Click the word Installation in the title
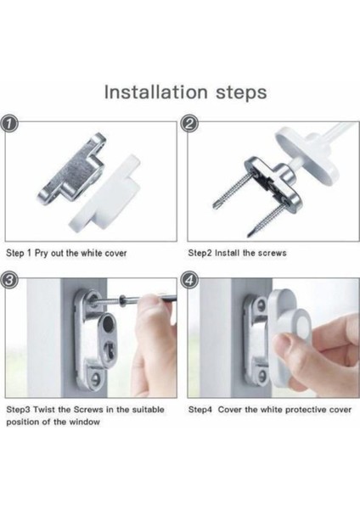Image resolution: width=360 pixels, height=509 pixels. [x=156, y=92]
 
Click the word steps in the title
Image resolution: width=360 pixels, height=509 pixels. [x=241, y=93]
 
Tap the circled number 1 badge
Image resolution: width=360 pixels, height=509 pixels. [x=8, y=125]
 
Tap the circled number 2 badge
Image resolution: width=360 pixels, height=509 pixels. [x=190, y=125]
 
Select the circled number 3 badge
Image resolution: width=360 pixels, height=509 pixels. [x=8, y=280]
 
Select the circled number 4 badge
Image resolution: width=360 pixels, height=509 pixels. [x=190, y=280]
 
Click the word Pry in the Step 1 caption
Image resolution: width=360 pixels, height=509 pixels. [x=42, y=253]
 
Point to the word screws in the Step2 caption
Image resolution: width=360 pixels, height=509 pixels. [x=272, y=253]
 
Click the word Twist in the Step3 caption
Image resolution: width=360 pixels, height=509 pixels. [x=44, y=410]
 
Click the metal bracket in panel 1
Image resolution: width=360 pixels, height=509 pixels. [x=71, y=171]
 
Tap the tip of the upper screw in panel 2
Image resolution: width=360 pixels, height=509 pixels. [x=216, y=204]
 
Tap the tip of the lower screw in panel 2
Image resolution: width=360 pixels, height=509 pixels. [x=250, y=234]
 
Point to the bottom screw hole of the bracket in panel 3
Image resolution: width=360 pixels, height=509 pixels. [x=96, y=378]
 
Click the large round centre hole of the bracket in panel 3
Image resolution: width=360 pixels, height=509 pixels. [x=109, y=324]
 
